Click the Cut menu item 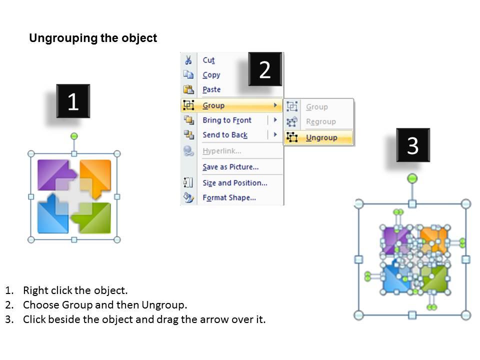click(x=208, y=60)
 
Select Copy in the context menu click(x=211, y=75)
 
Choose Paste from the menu click(x=211, y=90)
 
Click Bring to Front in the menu click(x=226, y=120)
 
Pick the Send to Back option click(x=224, y=135)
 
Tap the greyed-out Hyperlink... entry click(x=221, y=151)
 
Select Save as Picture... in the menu click(x=230, y=167)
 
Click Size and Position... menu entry click(x=234, y=183)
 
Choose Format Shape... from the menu click(x=229, y=198)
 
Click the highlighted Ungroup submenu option click(x=321, y=137)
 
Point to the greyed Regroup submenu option click(x=320, y=122)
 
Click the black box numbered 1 click(x=73, y=101)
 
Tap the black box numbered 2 click(x=265, y=69)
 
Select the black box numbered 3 click(x=412, y=145)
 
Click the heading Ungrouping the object click(x=93, y=38)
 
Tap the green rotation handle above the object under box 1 click(x=74, y=136)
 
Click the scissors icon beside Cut click(x=188, y=60)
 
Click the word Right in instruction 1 click(x=35, y=290)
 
